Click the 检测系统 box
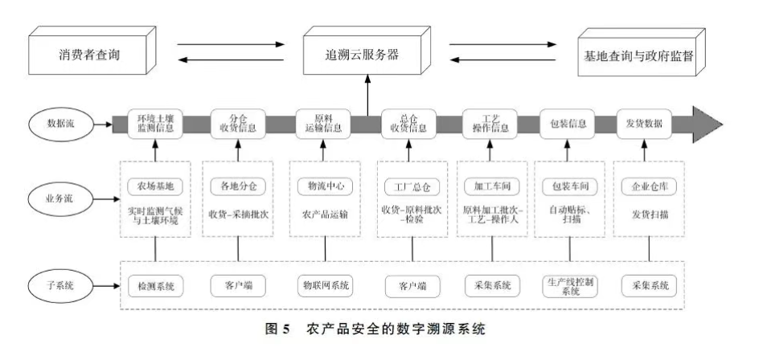(155, 284)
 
